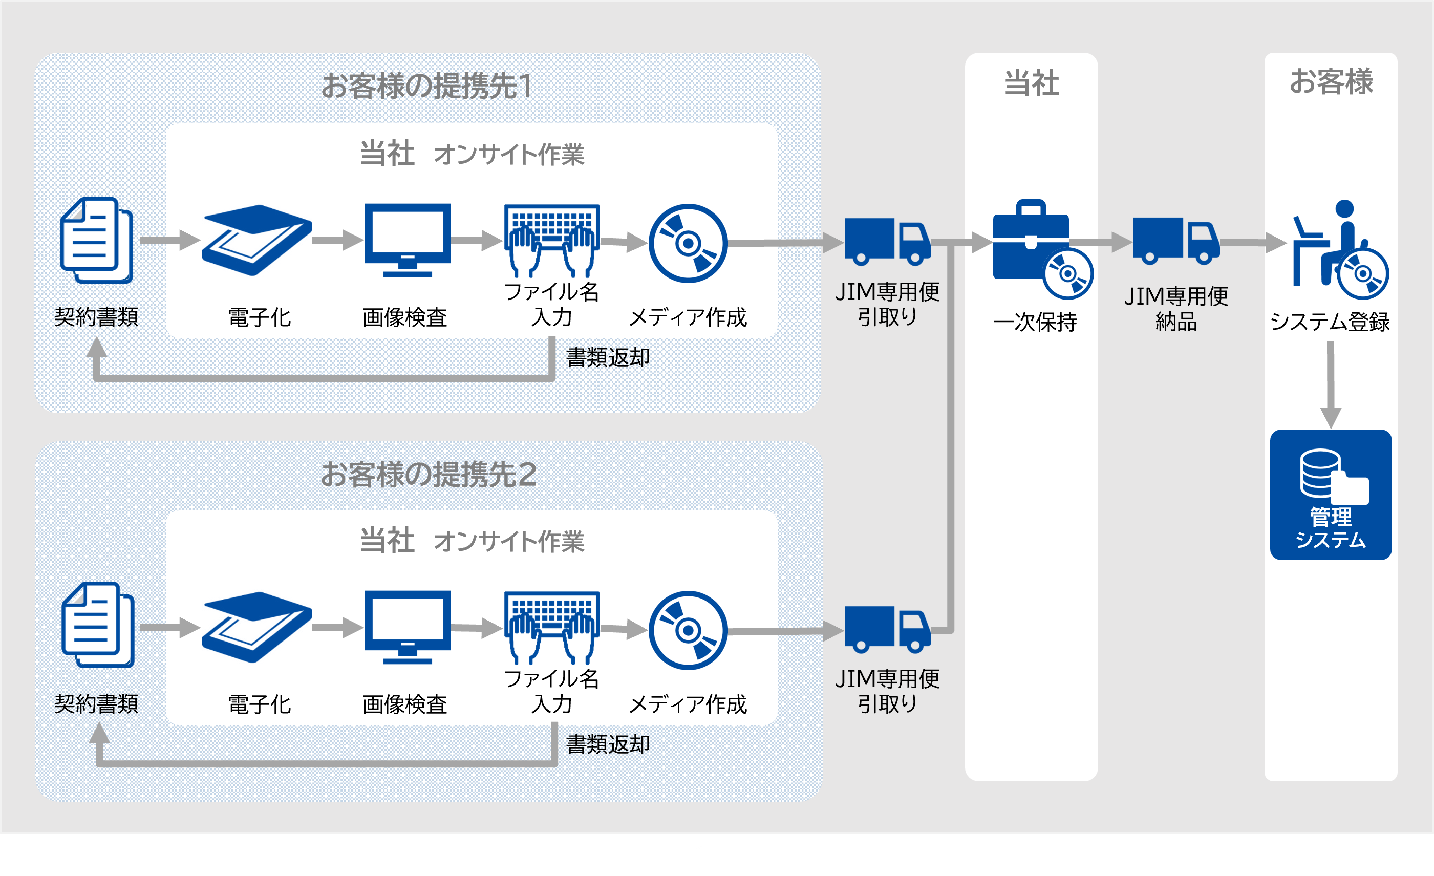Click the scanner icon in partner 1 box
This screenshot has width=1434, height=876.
(x=256, y=239)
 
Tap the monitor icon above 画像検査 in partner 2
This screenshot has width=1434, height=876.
(x=408, y=626)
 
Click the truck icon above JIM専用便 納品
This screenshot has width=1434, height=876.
(x=1175, y=241)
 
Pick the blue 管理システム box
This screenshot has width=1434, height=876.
(x=1331, y=495)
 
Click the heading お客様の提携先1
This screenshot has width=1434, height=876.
(x=426, y=86)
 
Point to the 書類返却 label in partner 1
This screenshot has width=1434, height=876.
(x=608, y=357)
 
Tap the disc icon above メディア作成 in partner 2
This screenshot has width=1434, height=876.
(x=688, y=630)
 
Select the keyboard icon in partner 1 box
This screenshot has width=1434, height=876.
(x=552, y=239)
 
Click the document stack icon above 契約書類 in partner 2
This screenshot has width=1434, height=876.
(x=98, y=625)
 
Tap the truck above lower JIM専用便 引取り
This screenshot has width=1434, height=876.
(x=887, y=629)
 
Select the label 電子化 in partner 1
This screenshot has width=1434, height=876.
(x=259, y=317)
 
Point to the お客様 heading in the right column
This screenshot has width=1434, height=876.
(x=1331, y=81)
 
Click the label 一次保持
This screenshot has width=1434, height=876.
(x=1035, y=322)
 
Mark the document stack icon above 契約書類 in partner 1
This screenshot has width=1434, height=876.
(x=97, y=240)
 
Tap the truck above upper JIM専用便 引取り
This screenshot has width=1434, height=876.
(x=887, y=241)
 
